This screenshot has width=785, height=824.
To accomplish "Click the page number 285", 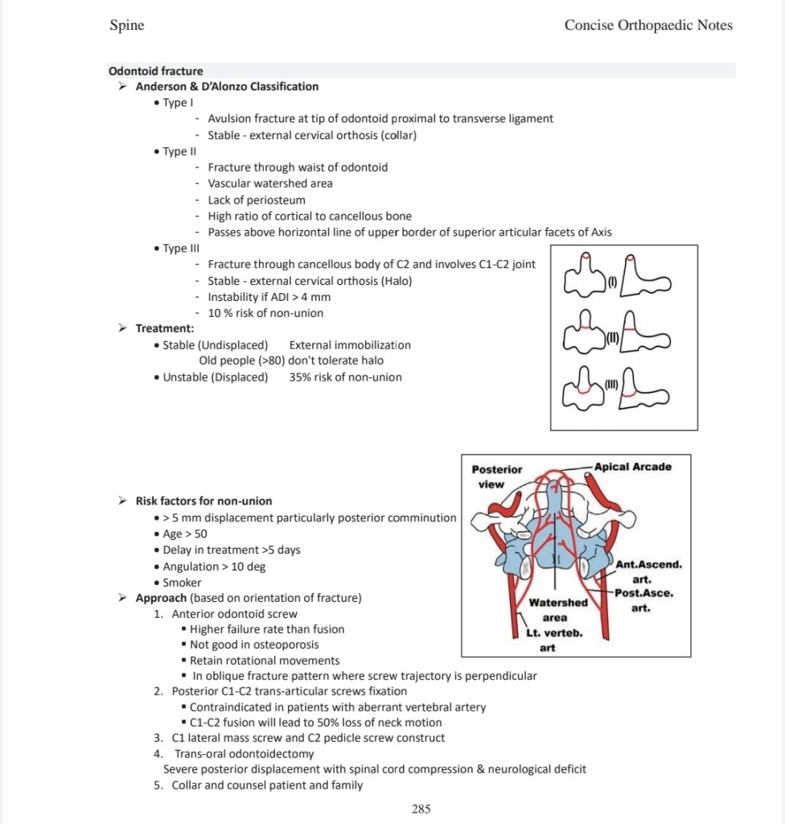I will (x=421, y=809).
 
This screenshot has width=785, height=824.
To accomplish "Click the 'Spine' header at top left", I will (x=126, y=25).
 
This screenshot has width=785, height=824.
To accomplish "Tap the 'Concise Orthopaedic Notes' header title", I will (x=648, y=25).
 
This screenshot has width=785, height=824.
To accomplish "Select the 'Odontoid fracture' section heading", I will (x=155, y=71).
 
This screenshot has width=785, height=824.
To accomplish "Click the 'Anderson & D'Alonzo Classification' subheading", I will (x=227, y=86).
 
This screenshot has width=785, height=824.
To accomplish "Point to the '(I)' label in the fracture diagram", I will (x=611, y=282).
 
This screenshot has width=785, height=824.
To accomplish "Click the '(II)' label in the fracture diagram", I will (x=611, y=336).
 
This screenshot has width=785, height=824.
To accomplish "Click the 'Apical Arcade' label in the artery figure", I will (x=633, y=467).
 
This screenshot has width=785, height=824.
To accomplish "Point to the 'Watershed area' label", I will (x=557, y=610).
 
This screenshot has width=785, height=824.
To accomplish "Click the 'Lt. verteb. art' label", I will (x=549, y=640).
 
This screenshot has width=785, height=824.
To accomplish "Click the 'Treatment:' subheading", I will (x=164, y=328).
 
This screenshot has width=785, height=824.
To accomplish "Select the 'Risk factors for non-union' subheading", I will (x=203, y=501).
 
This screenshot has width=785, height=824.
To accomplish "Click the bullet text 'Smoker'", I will (x=182, y=582).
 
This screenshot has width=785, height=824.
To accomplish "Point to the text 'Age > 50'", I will (x=185, y=534).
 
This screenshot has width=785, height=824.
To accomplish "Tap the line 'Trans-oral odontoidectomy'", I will (x=244, y=753).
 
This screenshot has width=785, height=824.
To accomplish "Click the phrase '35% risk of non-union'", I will (x=345, y=377).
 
